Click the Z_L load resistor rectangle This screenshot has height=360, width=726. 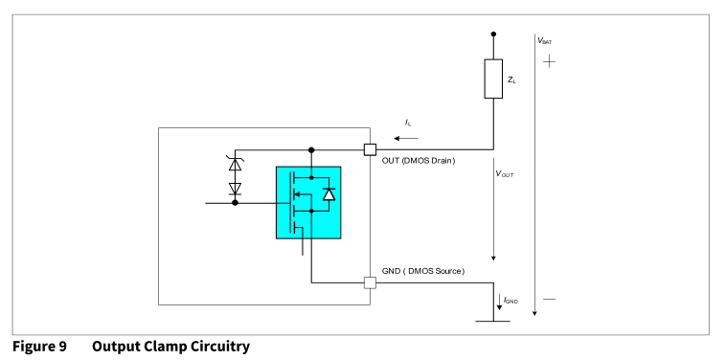pos(493,79)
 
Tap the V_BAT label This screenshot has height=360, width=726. pos(544,40)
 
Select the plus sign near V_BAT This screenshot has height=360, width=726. pos(549,61)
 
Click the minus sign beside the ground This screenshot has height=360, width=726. pos(549,300)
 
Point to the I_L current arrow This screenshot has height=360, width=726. pos(406,138)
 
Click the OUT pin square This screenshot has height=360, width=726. pos(370,149)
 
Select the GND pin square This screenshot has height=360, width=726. pos(370,282)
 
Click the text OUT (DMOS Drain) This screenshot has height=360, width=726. pos(419,161)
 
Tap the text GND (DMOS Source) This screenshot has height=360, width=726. pos(423,271)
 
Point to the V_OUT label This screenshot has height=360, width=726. pos(505,174)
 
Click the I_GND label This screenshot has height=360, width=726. pos(511,301)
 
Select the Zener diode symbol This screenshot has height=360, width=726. pos(236,164)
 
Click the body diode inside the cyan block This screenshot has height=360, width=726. pos(329,193)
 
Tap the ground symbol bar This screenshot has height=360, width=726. pos(493,321)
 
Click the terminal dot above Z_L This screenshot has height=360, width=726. pos(493,34)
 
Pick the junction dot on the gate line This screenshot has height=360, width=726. pos(236,203)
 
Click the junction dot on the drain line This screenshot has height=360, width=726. pos(311,150)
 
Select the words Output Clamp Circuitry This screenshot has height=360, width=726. pos(170,347)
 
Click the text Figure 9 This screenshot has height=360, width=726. pos(39,347)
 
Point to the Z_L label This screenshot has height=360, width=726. pos(511,80)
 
